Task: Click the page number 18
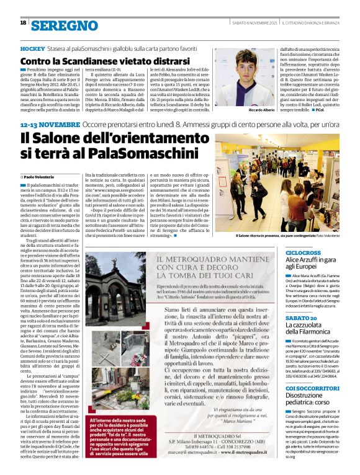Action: click(x=24, y=23)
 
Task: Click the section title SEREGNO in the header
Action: click(x=65, y=25)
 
